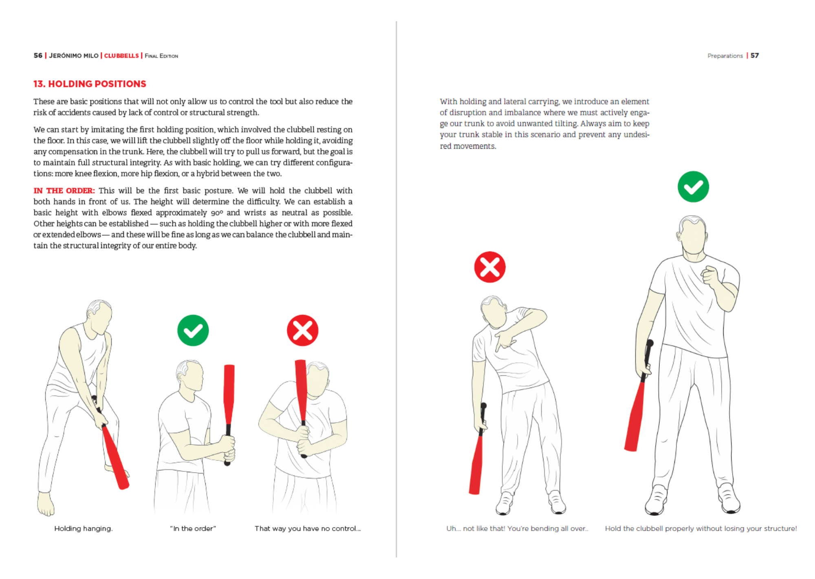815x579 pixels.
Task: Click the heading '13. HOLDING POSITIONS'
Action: [x=90, y=84]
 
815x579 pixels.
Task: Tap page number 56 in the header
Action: [x=38, y=55]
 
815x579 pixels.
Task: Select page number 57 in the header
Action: [x=755, y=55]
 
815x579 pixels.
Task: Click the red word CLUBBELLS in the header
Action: [x=121, y=56]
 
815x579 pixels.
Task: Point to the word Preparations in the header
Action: [x=725, y=56]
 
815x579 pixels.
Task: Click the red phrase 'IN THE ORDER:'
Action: [x=64, y=191]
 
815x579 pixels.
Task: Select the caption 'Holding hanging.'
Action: [x=84, y=528]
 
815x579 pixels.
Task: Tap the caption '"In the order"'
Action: [x=193, y=528]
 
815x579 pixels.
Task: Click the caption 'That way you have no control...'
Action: [x=308, y=528]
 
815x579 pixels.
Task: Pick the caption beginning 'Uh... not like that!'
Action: [x=517, y=528]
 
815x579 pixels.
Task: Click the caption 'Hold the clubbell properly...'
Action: [x=700, y=528]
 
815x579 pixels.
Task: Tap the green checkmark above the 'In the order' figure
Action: [x=193, y=330]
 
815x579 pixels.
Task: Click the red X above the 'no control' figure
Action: [x=302, y=330]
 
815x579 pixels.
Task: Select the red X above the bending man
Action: [x=490, y=267]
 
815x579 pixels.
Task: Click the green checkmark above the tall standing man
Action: [x=693, y=187]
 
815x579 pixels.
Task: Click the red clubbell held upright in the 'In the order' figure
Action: [x=229, y=391]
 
